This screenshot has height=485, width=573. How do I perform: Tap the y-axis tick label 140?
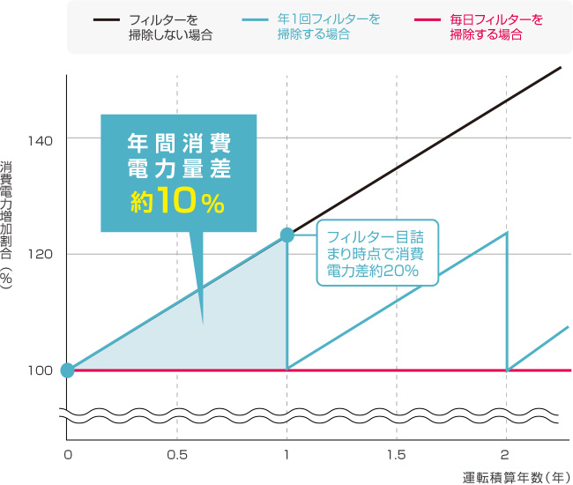coord(41,139)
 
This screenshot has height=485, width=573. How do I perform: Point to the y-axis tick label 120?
coord(41,255)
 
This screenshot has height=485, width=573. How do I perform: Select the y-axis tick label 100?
coord(41,370)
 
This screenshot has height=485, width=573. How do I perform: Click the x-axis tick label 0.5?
coord(177,456)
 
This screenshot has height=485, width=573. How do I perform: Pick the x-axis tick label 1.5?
coord(397,456)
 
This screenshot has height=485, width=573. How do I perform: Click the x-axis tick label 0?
coord(67,456)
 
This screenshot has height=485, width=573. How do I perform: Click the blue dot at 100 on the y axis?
coord(67,370)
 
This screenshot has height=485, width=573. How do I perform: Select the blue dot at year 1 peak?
coord(286,235)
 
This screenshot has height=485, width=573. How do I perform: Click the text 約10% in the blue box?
coord(178,203)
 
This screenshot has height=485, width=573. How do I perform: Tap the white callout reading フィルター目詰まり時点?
coord(376,253)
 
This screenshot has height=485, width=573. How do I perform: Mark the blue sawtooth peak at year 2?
coord(507,233)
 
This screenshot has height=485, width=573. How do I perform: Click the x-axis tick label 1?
coord(287,456)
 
